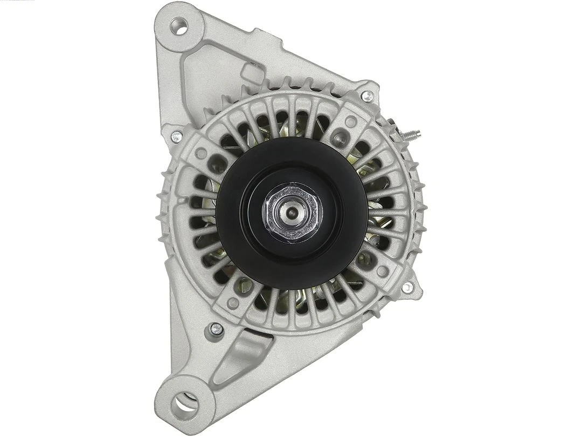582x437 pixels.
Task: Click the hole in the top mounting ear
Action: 179,25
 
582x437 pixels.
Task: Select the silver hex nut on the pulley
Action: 292,211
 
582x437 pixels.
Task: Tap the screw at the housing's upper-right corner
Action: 367,97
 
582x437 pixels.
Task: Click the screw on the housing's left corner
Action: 176,137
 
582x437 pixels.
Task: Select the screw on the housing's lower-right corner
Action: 407,288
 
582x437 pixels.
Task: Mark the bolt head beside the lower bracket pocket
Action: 216,329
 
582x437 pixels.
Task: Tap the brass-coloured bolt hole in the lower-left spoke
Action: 245,284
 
